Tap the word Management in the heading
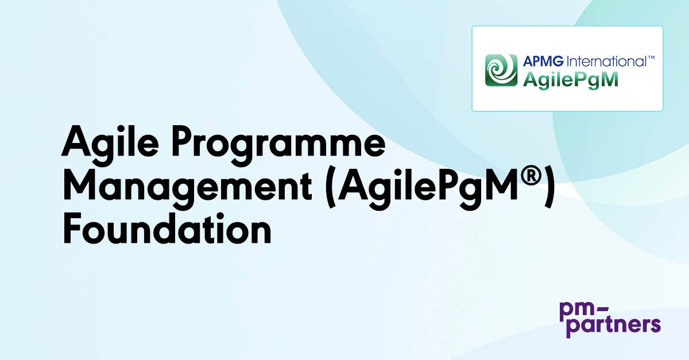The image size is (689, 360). [x=188, y=188]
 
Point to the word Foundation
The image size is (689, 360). [x=167, y=229]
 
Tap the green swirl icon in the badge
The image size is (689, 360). [x=501, y=71]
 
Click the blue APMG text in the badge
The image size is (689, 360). [x=543, y=61]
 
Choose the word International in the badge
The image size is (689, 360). [x=606, y=61]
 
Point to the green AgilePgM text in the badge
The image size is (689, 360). [x=571, y=80]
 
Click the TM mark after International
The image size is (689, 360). [x=651, y=57]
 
